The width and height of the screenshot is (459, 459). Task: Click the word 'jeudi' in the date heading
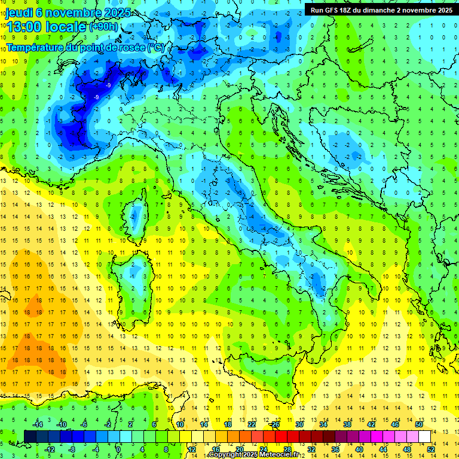click(x=19, y=13)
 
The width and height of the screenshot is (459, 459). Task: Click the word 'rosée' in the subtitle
click(x=131, y=47)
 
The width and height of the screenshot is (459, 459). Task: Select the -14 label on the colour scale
click(x=37, y=424)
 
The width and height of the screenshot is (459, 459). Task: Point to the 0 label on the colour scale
click(x=118, y=449)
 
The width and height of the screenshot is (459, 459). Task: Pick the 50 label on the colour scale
click(x=419, y=424)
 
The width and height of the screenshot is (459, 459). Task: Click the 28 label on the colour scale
click(x=287, y=449)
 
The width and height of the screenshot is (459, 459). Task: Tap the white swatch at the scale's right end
click(x=425, y=436)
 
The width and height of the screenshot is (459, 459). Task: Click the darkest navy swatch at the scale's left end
click(x=30, y=436)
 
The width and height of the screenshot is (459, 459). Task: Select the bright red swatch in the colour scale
click(x=281, y=436)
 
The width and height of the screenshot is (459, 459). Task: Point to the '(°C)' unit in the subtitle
click(x=156, y=47)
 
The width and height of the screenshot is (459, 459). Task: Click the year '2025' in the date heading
click(x=102, y=13)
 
